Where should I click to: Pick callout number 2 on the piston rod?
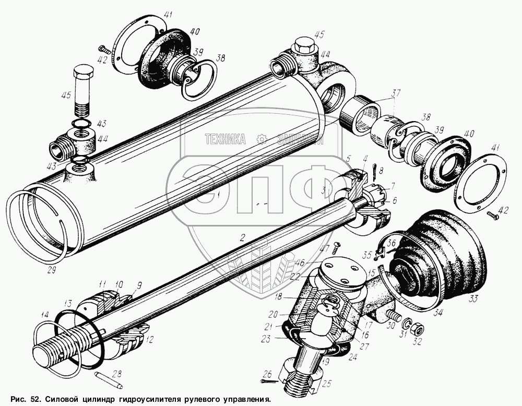point(242,237)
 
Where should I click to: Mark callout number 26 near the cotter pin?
point(267,374)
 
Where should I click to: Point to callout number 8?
point(382,170)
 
